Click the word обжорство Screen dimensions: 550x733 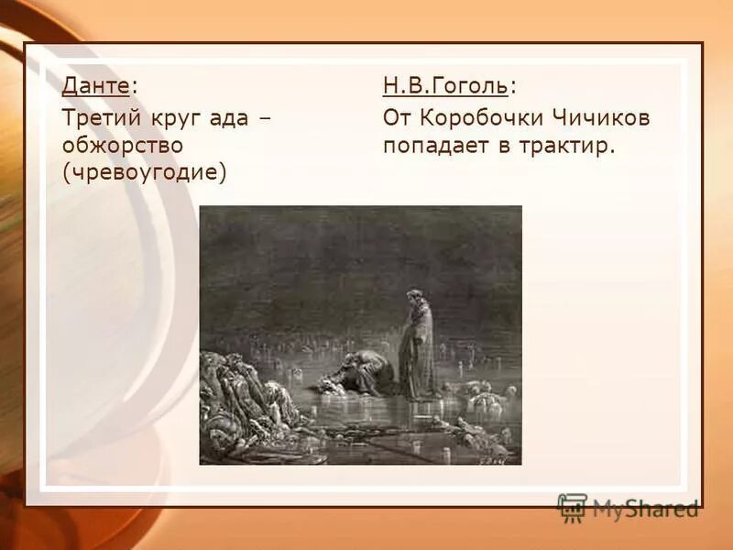click(123, 145)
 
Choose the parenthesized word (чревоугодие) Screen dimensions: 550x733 click(144, 172)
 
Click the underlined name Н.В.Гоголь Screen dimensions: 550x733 click(445, 87)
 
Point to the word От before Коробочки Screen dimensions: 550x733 click(399, 117)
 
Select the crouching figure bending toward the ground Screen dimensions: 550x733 click(362, 371)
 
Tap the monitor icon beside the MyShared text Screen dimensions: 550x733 click(572, 507)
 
